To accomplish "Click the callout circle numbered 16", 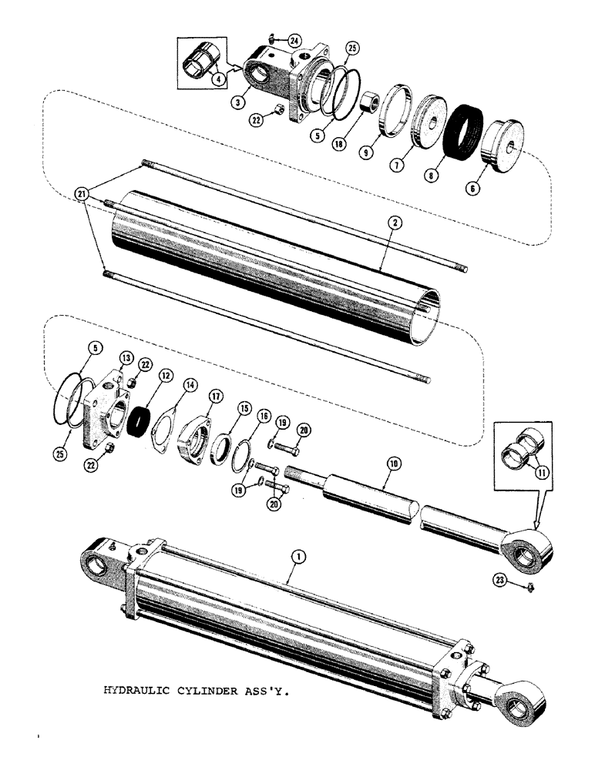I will coord(264,417).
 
